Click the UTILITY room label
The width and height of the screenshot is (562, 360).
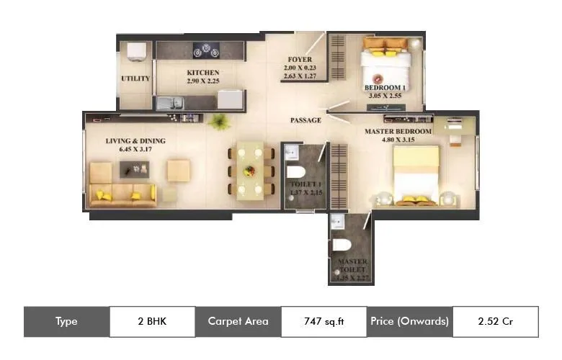[135, 78]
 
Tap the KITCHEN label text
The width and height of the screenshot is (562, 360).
[202, 73]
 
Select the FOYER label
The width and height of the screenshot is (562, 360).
[299, 59]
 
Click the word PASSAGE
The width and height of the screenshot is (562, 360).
[305, 120]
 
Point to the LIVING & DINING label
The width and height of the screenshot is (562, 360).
[135, 141]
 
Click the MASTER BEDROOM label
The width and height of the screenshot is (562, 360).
[398, 132]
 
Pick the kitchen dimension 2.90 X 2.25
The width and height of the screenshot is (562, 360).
[202, 82]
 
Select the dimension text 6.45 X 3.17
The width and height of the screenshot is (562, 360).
[135, 150]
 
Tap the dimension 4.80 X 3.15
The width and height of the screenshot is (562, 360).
[398, 141]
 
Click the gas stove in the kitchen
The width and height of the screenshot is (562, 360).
[206, 50]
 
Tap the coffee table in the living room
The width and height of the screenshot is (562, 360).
[136, 169]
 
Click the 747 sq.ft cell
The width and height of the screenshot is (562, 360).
[324, 322]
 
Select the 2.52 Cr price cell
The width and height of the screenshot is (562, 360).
[495, 322]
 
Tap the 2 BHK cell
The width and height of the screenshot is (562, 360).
[152, 322]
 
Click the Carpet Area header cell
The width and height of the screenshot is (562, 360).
[238, 322]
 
